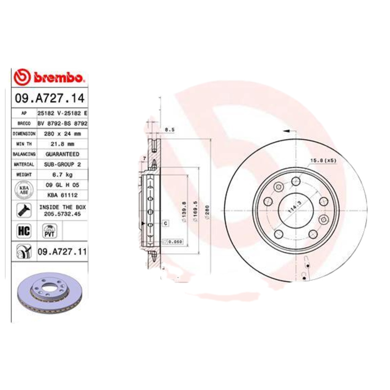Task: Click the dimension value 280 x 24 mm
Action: pyautogui.click(x=62, y=133)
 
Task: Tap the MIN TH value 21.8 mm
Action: pyautogui.click(x=62, y=144)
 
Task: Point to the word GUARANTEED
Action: pyautogui.click(x=62, y=154)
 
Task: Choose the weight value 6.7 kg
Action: pyautogui.click(x=62, y=175)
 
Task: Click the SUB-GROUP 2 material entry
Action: pyautogui.click(x=62, y=164)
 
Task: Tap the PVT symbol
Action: pyautogui.click(x=49, y=231)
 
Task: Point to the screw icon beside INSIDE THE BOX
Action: pyautogui.click(x=23, y=210)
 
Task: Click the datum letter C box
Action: pyautogui.click(x=165, y=223)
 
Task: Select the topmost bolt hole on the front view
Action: pyautogui.click(x=295, y=181)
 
